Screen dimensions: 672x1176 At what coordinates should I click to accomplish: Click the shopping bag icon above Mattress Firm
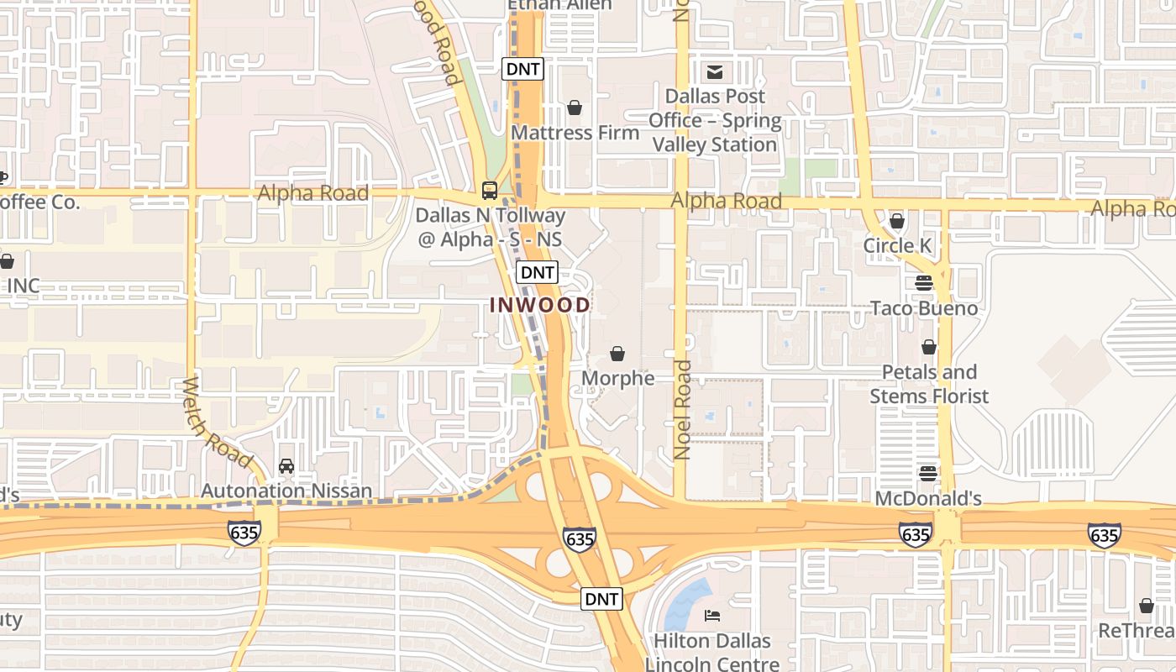click(x=575, y=108)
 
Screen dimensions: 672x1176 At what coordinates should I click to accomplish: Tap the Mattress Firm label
click(x=575, y=133)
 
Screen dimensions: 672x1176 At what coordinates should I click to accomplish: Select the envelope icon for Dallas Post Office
click(x=715, y=71)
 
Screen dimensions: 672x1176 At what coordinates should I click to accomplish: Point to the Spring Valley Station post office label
click(x=715, y=120)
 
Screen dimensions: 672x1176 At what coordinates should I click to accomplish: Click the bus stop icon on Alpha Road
click(x=490, y=190)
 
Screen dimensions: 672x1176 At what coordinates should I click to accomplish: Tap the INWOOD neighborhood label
click(x=540, y=305)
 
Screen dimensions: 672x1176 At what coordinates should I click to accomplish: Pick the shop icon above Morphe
click(x=617, y=354)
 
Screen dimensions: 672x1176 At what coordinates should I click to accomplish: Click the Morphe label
click(x=617, y=378)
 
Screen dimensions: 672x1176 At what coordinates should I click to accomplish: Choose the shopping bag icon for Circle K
click(x=897, y=222)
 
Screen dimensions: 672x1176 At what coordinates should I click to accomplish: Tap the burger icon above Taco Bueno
click(x=924, y=283)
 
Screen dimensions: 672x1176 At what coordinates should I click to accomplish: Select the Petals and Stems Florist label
click(x=929, y=384)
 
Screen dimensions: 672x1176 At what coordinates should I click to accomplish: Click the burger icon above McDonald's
click(x=928, y=474)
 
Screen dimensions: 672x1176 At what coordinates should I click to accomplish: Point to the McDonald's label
click(x=928, y=498)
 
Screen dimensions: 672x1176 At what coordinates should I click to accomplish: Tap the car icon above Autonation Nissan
click(x=286, y=466)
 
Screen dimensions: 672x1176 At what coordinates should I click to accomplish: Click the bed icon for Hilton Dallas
click(x=712, y=617)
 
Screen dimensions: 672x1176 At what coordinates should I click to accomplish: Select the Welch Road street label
click(x=216, y=423)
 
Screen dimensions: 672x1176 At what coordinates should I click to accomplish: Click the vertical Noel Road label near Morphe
click(x=682, y=410)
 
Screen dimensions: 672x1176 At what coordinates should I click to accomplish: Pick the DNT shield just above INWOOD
click(x=537, y=272)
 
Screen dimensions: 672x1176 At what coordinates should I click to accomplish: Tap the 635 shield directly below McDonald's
click(x=915, y=534)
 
